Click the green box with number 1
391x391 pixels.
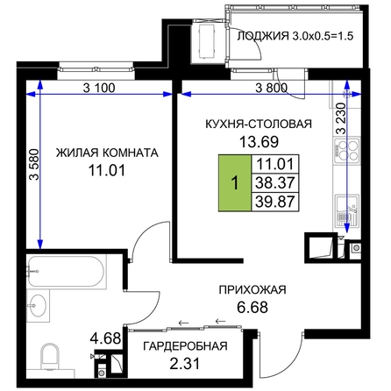(235, 182)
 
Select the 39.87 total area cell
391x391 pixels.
(275, 202)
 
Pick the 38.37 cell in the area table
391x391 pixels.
(275, 183)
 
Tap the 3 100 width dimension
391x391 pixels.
(99, 88)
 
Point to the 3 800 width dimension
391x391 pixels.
(272, 88)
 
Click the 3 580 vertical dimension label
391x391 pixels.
(34, 164)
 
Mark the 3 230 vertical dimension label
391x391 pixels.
(341, 118)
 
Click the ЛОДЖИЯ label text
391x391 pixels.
(261, 36)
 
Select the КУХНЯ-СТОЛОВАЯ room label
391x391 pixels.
(259, 124)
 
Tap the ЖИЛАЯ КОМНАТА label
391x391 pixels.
(107, 153)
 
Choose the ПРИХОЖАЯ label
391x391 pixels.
(252, 290)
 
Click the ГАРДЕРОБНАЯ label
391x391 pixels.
(185, 346)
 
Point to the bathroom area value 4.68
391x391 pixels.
(105, 338)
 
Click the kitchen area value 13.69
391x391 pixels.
(259, 142)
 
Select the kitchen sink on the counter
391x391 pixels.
(347, 211)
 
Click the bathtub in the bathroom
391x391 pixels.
(66, 272)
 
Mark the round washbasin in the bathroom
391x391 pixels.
(37, 305)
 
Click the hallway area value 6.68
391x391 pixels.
(252, 307)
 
